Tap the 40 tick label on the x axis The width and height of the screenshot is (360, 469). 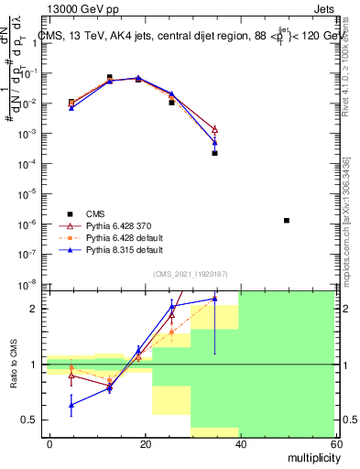[240, 442]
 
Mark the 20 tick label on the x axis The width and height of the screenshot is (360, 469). [145, 442]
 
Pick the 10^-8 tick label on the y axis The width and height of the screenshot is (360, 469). [30, 284]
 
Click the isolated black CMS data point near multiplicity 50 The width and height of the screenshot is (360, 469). [287, 221]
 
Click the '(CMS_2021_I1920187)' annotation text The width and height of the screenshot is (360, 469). [190, 273]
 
